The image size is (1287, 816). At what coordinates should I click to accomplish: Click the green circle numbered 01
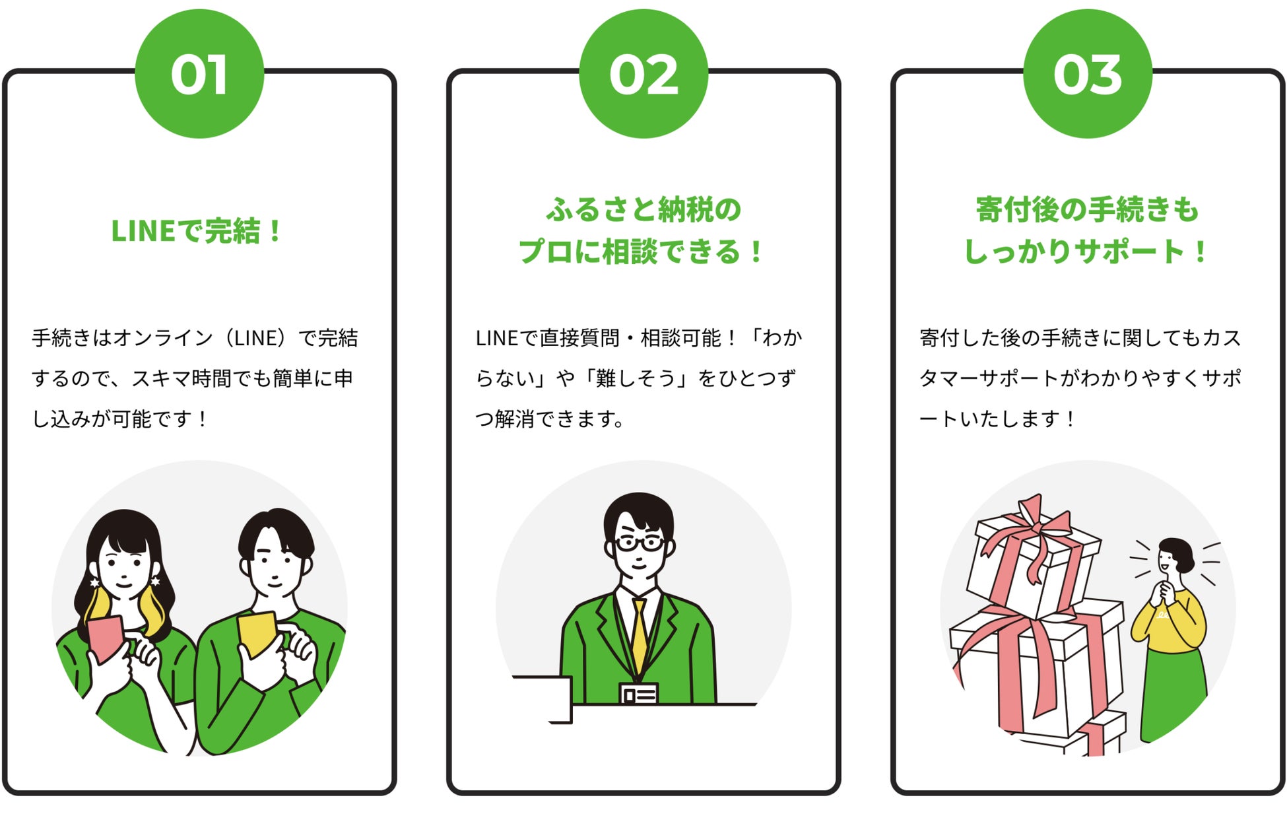pos(199,74)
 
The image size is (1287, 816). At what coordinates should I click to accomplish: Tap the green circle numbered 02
pos(643,74)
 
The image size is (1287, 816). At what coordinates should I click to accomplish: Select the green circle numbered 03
pos(1088,74)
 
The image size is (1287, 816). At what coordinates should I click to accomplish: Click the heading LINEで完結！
pos(197,231)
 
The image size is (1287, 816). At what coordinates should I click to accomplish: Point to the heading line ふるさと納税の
pos(643,210)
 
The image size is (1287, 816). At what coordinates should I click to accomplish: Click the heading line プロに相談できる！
pos(642,252)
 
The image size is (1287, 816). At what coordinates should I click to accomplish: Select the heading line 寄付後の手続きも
pos(1087,210)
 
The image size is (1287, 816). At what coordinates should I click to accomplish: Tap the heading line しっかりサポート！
pos(1086,252)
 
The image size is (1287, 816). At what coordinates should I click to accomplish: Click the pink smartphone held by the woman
pos(104,638)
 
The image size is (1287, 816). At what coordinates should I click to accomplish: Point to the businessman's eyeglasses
pos(639,543)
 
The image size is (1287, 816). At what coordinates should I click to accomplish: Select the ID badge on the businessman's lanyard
pos(638,694)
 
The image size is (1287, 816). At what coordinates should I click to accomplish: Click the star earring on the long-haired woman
pos(156,581)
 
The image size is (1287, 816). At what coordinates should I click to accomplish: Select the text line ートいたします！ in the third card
pos(997,419)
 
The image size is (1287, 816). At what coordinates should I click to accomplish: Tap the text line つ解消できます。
pos(550,419)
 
